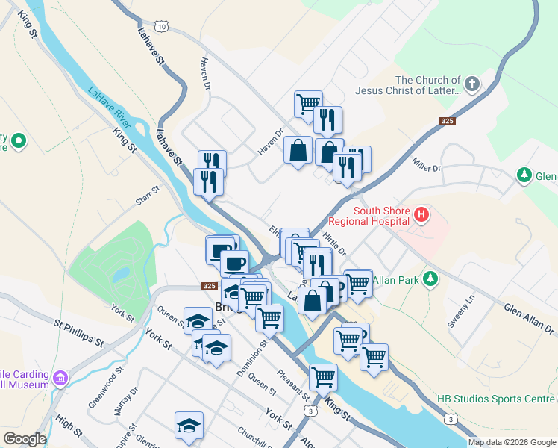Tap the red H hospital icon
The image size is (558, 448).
(421, 216)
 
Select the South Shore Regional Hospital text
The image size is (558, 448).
(381, 216)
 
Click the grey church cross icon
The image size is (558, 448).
(471, 85)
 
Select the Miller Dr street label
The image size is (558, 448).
(426, 164)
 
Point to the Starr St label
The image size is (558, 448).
(148, 196)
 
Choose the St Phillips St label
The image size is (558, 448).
(78, 333)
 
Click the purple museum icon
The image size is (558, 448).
(61, 379)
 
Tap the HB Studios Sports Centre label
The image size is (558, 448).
(496, 399)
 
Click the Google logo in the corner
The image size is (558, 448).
(25, 439)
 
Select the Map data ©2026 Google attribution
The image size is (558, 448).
(511, 442)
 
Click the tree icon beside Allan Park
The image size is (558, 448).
(429, 279)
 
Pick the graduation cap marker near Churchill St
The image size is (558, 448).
(189, 426)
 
